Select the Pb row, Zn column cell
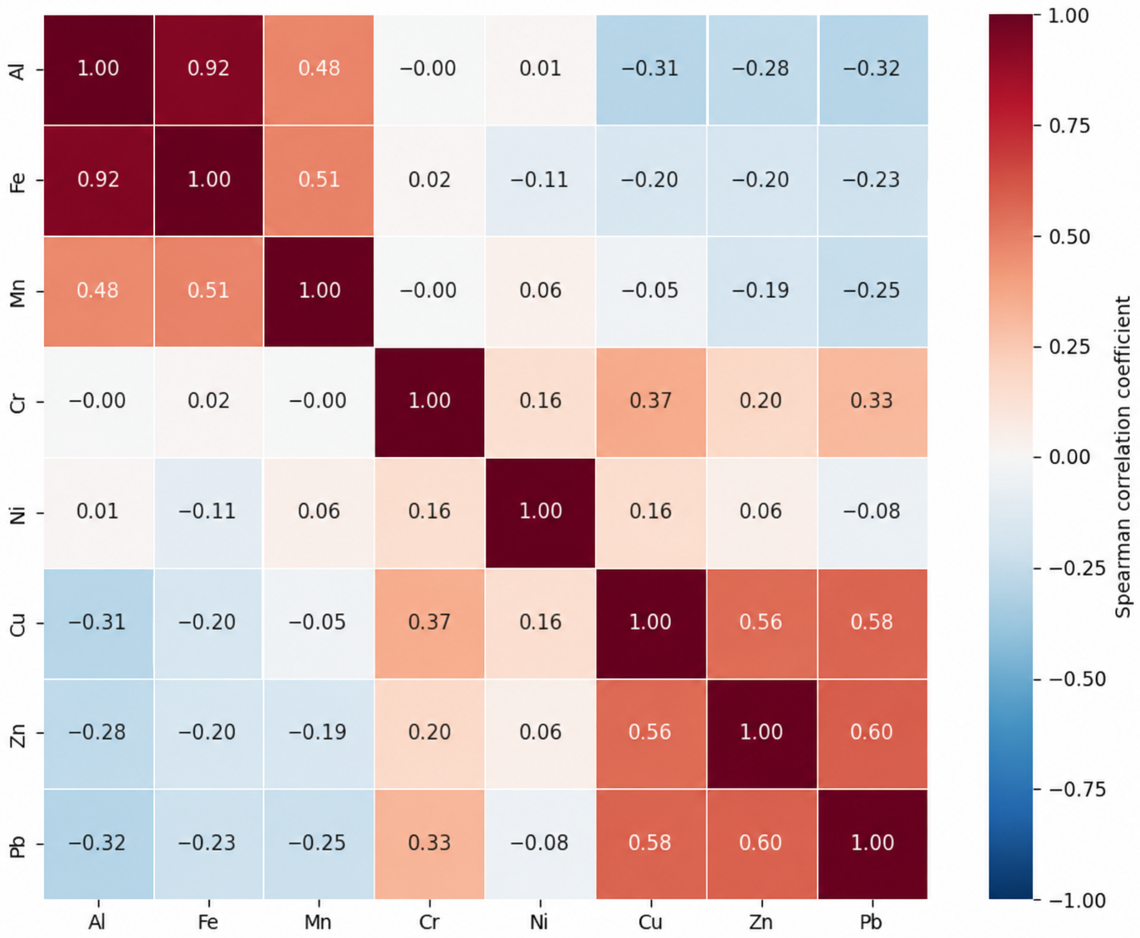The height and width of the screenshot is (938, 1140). tap(762, 843)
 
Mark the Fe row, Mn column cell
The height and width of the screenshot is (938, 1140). tap(319, 180)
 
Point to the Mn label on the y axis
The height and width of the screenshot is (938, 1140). tap(18, 293)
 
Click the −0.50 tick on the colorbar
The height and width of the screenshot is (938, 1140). tap(1077, 679)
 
